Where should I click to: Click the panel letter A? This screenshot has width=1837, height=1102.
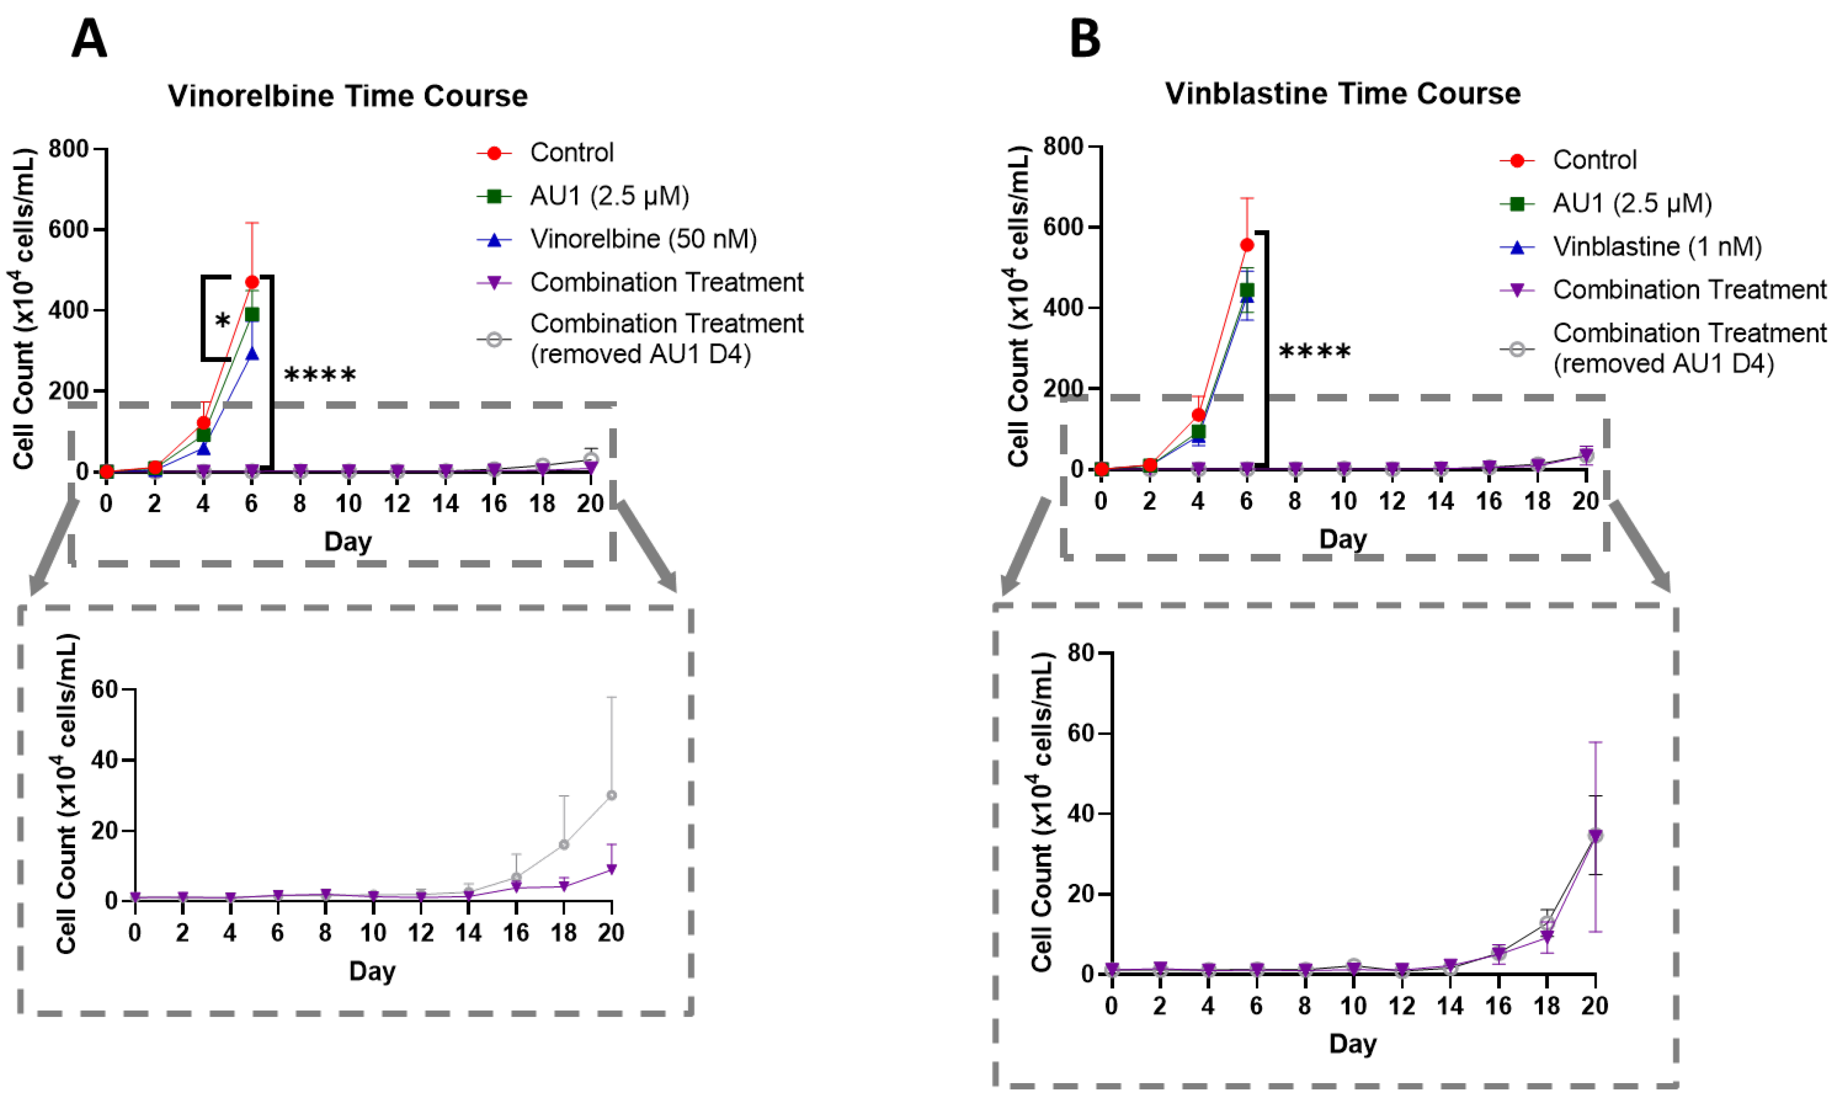coord(89,39)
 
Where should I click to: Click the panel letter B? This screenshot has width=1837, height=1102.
coord(1085,39)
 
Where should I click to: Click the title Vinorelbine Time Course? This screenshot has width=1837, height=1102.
coord(347,96)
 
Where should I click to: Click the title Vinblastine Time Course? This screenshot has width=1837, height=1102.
coord(1342,93)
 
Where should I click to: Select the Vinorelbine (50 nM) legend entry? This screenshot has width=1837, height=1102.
coord(643,239)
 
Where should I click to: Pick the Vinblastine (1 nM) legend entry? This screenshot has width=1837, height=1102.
coord(1657,247)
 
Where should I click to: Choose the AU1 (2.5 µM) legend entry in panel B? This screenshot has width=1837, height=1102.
coord(1631,204)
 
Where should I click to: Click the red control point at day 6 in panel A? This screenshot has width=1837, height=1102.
coord(252,282)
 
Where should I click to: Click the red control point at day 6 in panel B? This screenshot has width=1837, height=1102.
coord(1247,245)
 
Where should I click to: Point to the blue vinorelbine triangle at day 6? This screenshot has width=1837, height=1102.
coord(252,354)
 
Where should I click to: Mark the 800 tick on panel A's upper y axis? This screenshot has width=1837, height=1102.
coord(69,149)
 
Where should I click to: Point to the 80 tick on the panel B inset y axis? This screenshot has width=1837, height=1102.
coord(1081,652)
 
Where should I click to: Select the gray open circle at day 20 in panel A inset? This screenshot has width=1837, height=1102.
coord(611,795)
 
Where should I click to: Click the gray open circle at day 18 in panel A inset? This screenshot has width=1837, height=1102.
coord(563,844)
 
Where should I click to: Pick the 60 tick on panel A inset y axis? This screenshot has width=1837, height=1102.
coord(105,690)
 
